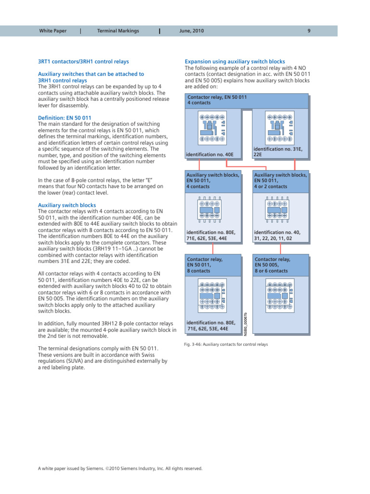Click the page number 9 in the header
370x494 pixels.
click(308, 31)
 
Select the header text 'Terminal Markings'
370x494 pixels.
click(118, 31)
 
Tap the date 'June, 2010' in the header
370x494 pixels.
click(191, 31)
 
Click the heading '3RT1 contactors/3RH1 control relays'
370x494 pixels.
click(83, 62)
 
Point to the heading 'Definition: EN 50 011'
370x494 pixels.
click(64, 118)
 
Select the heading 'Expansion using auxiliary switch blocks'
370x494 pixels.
click(235, 62)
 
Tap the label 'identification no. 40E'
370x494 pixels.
click(210, 155)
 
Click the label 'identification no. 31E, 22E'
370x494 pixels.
click(277, 152)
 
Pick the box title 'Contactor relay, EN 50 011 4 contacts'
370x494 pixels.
click(217, 100)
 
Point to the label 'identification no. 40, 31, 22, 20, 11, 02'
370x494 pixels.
click(277, 235)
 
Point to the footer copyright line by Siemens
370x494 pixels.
click(120, 468)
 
